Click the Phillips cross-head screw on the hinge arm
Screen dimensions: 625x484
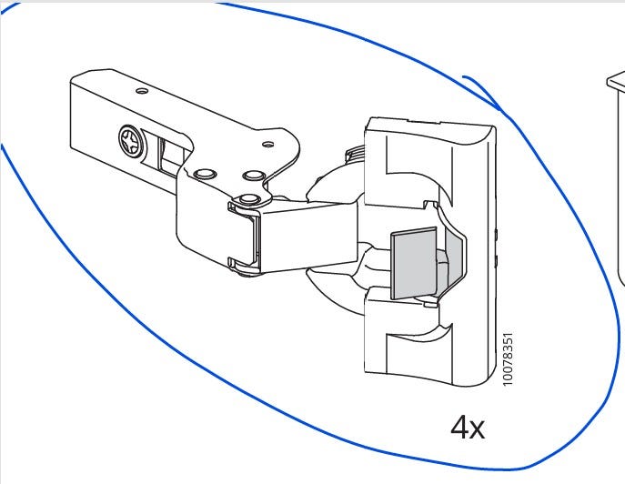click(x=131, y=141)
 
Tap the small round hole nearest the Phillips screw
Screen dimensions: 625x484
click(x=142, y=91)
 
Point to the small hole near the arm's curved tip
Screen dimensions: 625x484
click(x=269, y=144)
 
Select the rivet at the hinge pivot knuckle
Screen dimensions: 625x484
click(x=249, y=198)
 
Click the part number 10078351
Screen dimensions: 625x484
click(x=508, y=358)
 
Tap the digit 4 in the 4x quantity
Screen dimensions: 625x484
click(x=459, y=427)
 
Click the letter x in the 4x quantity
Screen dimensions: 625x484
click(x=477, y=429)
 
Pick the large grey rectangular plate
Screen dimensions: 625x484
click(x=413, y=263)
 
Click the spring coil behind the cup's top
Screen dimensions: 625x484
click(x=356, y=155)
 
